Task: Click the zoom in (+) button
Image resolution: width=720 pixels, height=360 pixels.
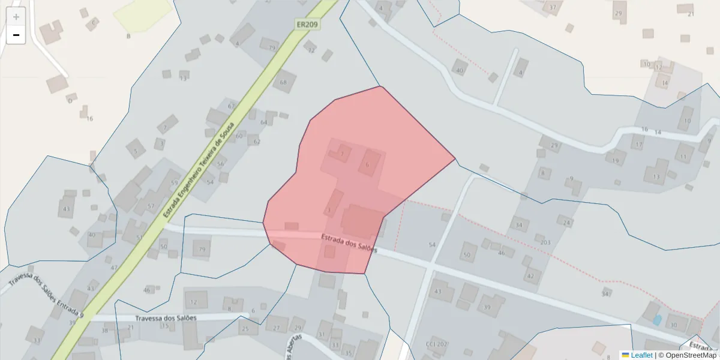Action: pyautogui.click(x=16, y=17)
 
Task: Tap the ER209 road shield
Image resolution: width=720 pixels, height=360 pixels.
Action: pyautogui.click(x=307, y=25)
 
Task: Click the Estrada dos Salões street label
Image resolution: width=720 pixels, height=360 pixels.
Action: pyautogui.click(x=349, y=243)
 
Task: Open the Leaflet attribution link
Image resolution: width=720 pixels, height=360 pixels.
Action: pyautogui.click(x=641, y=355)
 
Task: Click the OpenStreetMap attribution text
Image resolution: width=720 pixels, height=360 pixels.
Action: pyautogui.click(x=688, y=355)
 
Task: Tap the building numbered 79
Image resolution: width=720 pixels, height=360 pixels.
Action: pyautogui.click(x=202, y=249)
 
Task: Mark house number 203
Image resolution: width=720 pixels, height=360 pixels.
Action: pyautogui.click(x=545, y=242)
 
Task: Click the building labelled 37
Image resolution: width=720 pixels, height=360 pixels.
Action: pyautogui.click(x=553, y=8)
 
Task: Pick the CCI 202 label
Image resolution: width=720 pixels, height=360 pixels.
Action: pyautogui.click(x=437, y=344)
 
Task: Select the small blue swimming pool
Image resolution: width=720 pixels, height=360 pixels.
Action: pyautogui.click(x=657, y=320)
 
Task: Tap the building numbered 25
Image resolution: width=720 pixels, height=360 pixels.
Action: pyautogui.click(x=245, y=328)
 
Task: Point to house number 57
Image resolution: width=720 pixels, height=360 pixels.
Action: pyautogui.click(x=151, y=206)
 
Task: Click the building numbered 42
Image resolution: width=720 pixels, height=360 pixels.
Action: pyautogui.click(x=530, y=276)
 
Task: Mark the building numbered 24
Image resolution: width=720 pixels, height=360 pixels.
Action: pyautogui.click(x=566, y=222)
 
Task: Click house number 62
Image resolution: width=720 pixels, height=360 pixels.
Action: pyautogui.click(x=257, y=142)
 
